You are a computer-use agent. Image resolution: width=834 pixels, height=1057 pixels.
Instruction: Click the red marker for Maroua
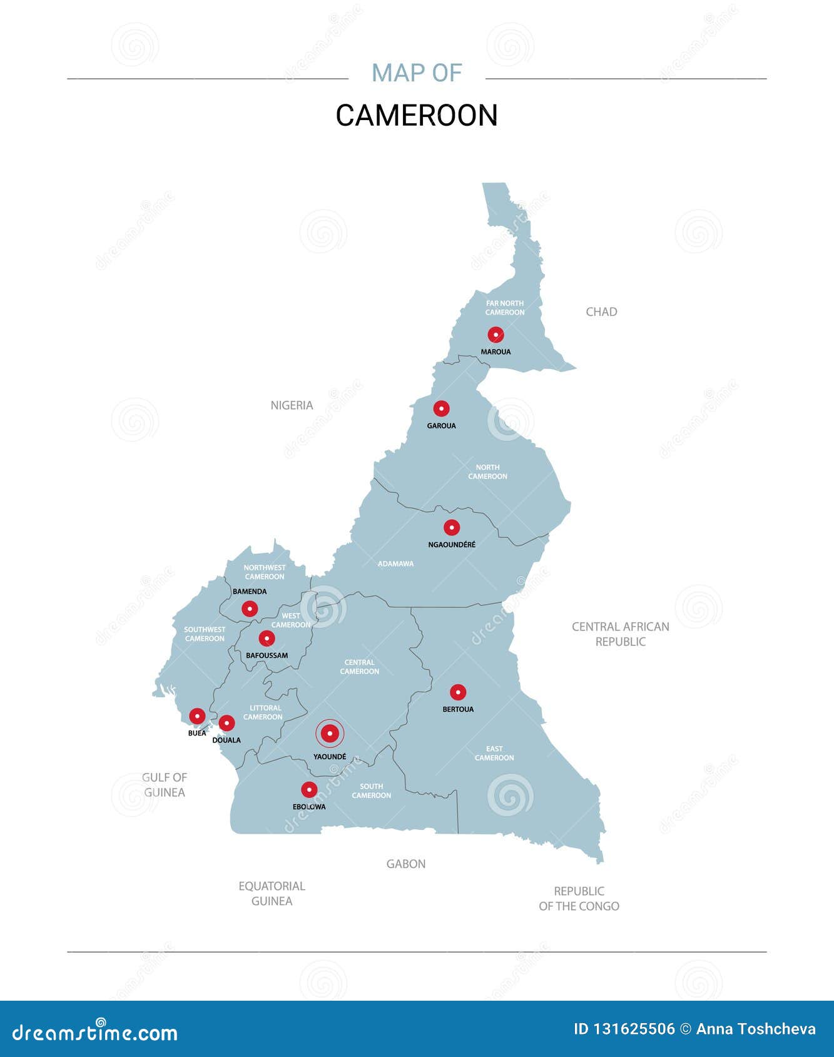[496, 335]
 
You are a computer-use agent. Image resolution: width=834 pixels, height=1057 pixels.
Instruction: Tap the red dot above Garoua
[441, 408]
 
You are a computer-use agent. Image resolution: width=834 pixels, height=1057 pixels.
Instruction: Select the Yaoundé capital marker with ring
[330, 734]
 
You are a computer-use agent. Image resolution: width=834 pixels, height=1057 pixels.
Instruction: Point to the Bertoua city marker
[458, 692]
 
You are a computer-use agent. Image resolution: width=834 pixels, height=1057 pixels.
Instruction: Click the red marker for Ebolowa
[309, 789]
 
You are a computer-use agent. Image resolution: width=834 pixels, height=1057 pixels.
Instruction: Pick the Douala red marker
[226, 723]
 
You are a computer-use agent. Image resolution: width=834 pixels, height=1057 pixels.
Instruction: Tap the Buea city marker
[197, 716]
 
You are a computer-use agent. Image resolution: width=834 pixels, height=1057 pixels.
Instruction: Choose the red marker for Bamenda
[250, 609]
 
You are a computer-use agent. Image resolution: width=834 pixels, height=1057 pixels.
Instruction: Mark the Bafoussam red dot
[267, 639]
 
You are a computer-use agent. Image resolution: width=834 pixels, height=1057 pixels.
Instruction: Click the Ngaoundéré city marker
[452, 527]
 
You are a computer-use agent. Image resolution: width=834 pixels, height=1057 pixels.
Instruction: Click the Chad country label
[601, 311]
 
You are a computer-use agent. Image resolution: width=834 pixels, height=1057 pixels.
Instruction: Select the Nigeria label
[292, 405]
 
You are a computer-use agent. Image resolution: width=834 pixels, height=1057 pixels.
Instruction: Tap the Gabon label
[405, 864]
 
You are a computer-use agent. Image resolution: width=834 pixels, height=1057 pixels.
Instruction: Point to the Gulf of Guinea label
[165, 784]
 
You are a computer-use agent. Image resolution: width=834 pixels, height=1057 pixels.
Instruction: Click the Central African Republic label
[620, 634]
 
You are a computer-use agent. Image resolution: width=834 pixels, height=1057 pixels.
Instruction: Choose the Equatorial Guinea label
[272, 893]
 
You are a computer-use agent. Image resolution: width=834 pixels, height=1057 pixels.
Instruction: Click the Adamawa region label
[395, 564]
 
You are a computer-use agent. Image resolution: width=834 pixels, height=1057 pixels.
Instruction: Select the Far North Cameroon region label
[505, 308]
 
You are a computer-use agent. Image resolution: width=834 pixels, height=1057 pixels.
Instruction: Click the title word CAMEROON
[417, 115]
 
